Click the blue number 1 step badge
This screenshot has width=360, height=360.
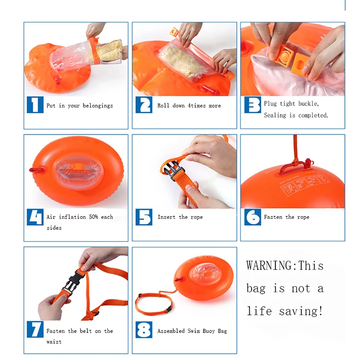pos(35,105)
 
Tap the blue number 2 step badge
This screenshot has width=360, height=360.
pos(144,105)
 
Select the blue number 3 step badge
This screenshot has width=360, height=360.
pos(252,105)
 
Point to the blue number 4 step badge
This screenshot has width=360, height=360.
pos(35,217)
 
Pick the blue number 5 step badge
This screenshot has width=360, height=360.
pos(144,217)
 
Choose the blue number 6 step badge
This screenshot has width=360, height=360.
pos(252,217)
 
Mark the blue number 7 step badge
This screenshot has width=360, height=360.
pos(35,329)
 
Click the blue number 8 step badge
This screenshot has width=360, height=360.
pos(144,330)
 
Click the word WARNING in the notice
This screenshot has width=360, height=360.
pos(269,265)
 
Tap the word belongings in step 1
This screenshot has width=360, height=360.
pos(98,106)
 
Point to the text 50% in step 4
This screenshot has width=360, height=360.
pos(94,217)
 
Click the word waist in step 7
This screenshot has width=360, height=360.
pos(54,342)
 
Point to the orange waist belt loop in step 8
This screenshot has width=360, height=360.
pos(153,303)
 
